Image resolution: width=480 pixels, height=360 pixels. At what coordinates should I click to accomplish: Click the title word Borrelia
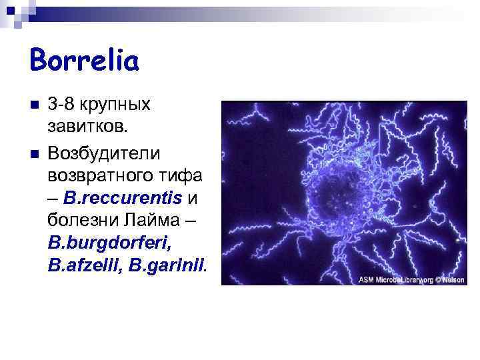84,61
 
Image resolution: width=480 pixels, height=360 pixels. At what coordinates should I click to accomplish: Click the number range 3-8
65,105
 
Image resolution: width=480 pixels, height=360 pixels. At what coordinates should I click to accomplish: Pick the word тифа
184,177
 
